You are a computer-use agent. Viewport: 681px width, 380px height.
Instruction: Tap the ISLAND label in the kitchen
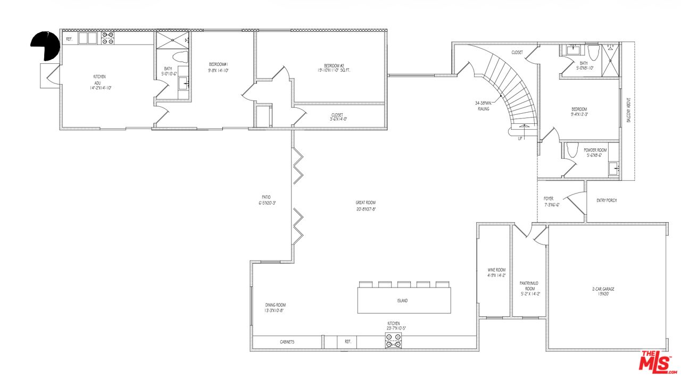402,301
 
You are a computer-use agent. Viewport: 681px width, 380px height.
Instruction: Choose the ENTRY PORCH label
606,200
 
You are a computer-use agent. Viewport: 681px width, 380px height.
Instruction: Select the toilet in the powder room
572,150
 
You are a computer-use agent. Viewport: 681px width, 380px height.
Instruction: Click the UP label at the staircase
521,138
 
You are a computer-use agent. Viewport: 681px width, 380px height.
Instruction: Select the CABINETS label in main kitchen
287,342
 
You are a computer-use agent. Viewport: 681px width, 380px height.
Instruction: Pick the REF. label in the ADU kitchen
69,39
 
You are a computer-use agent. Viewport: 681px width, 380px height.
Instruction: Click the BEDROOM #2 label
320,66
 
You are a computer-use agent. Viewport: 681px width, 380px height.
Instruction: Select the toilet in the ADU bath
181,57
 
